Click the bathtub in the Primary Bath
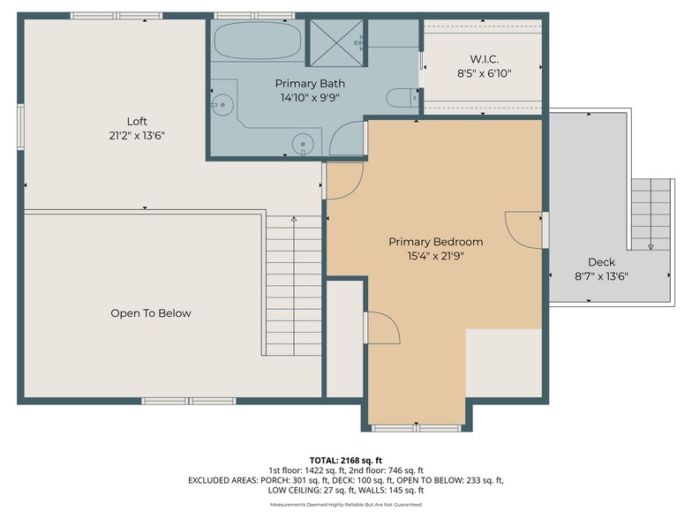[x=257, y=41]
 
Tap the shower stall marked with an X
[x=334, y=41]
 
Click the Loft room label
[x=136, y=121]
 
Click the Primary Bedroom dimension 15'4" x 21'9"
[x=435, y=256]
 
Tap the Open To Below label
[x=150, y=313]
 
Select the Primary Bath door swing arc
[x=346, y=139]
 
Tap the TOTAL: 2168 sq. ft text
[x=345, y=460]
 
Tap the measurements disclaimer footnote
[x=345, y=505]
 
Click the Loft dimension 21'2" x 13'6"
[x=136, y=135]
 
